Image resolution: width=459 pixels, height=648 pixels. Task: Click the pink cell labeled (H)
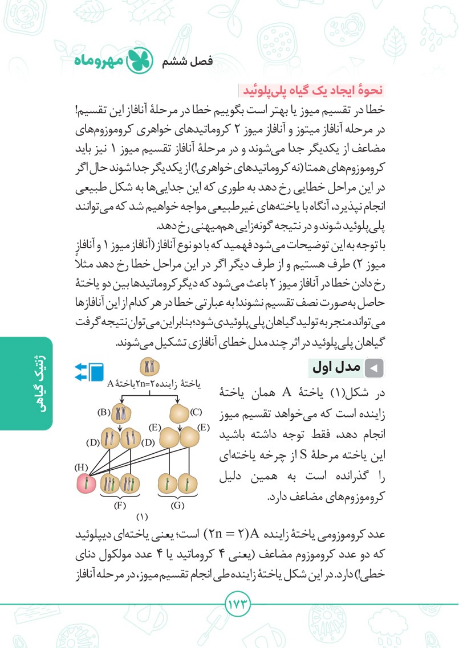[x=85, y=484]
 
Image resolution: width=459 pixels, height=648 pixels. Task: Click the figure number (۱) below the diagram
[x=142, y=517]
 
